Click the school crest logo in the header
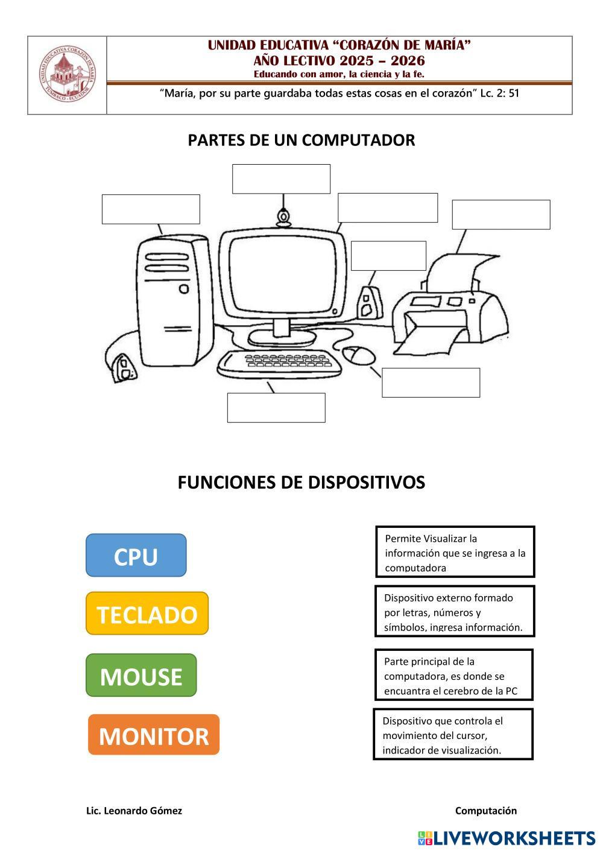[x=68, y=75]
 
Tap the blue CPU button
[x=136, y=556]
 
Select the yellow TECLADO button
[x=147, y=614]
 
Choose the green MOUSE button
[x=141, y=676]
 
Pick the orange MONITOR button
[x=154, y=735]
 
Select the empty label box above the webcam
[x=281, y=179]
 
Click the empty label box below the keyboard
[x=276, y=408]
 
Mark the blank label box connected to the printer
[x=500, y=215]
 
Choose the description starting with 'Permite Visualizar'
[x=455, y=552]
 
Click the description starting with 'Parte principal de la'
[x=453, y=675]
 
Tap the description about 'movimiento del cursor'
[x=453, y=735]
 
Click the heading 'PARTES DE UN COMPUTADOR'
[x=301, y=140]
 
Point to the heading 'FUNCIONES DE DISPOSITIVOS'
[x=301, y=483]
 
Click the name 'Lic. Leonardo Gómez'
[x=134, y=811]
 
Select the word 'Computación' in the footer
[x=485, y=811]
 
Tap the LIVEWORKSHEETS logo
[x=506, y=838]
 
